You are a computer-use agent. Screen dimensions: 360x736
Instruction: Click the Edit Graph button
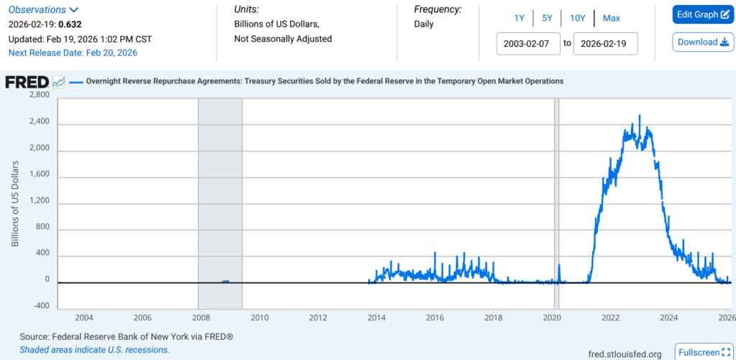pyautogui.click(x=703, y=14)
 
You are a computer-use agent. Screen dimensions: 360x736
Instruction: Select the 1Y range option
pyautogui.click(x=519, y=18)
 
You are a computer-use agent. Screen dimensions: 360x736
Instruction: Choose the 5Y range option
pyautogui.click(x=547, y=18)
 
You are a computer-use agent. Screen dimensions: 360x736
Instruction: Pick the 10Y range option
pyautogui.click(x=577, y=18)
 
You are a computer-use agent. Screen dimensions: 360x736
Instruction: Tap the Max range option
pyautogui.click(x=612, y=18)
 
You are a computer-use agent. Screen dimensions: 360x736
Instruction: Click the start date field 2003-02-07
pyautogui.click(x=528, y=43)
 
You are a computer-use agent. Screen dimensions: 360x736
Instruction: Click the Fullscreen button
pyautogui.click(x=704, y=352)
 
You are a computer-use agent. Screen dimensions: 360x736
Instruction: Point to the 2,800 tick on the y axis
pyautogui.click(x=40, y=95)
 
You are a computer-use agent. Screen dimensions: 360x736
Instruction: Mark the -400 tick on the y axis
pyautogui.click(x=40, y=305)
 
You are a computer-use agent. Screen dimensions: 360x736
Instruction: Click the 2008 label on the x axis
pyautogui.click(x=201, y=318)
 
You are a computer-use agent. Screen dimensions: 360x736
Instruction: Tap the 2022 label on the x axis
pyautogui.click(x=611, y=318)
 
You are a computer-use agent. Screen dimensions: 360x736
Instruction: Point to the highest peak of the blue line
pyautogui.click(x=639, y=116)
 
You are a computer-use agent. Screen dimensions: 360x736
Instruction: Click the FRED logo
pyautogui.click(x=27, y=82)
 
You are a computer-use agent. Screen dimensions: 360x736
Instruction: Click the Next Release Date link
pyautogui.click(x=73, y=52)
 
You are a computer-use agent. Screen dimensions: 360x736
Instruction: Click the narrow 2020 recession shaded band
pyautogui.click(x=556, y=201)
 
